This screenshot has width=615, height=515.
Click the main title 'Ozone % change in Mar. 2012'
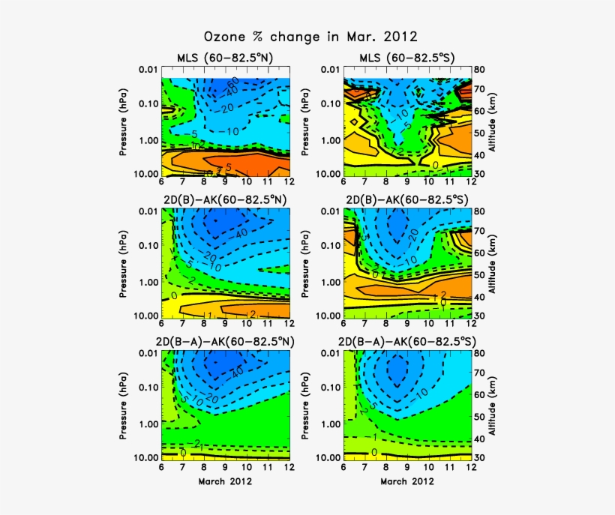coord(310,36)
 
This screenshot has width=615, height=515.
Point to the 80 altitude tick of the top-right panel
coord(479,70)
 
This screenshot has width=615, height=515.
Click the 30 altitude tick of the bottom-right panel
coord(479,457)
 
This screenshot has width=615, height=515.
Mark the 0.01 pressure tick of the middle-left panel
coord(146,212)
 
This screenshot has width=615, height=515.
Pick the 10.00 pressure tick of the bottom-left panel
coord(144,457)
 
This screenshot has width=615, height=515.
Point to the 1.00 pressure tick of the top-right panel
coord(327,140)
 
